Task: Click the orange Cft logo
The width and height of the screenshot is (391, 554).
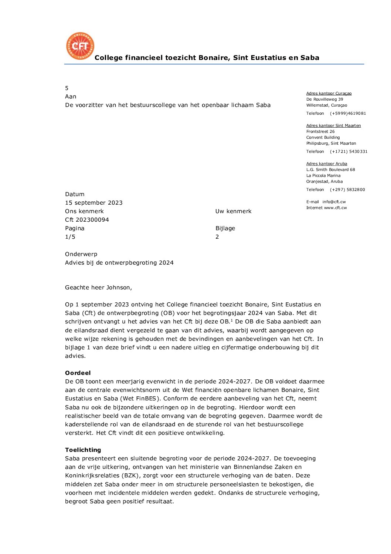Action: point(80,46)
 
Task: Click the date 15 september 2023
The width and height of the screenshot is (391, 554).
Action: point(93,203)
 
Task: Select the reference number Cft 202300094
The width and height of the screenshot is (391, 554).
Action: point(87,220)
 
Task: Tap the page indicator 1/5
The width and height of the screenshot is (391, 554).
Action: point(70,237)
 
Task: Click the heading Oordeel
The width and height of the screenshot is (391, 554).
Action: point(78,373)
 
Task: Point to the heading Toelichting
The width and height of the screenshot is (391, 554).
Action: point(83,450)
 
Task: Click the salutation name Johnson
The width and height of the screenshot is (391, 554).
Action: point(119,288)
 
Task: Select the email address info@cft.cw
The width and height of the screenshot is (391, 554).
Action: point(334,202)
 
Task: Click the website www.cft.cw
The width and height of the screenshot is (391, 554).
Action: point(335,208)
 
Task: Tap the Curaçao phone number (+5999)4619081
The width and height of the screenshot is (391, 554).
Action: point(348,113)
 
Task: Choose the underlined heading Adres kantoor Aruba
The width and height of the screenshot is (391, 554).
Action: point(327,164)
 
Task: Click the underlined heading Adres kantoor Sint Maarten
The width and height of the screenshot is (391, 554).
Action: point(333,125)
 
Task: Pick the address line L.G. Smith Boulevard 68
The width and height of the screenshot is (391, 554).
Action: point(330,169)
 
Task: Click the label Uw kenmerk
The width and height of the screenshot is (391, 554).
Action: point(233,211)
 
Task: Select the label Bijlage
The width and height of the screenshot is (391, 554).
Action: point(225,228)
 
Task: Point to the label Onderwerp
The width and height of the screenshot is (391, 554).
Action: point(81,254)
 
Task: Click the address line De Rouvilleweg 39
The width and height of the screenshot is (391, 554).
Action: point(324,99)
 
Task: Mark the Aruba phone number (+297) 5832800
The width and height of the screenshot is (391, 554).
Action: point(347,189)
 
